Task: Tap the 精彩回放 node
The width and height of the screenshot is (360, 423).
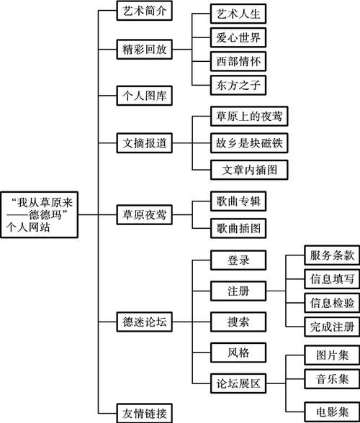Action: pyautogui.click(x=144, y=48)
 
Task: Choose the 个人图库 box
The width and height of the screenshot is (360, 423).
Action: pyautogui.click(x=144, y=94)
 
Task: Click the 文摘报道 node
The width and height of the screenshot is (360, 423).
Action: pyautogui.click(x=144, y=142)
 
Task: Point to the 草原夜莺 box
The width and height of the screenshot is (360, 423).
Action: pyautogui.click(x=144, y=214)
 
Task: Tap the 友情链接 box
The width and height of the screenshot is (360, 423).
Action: pyautogui.click(x=144, y=412)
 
